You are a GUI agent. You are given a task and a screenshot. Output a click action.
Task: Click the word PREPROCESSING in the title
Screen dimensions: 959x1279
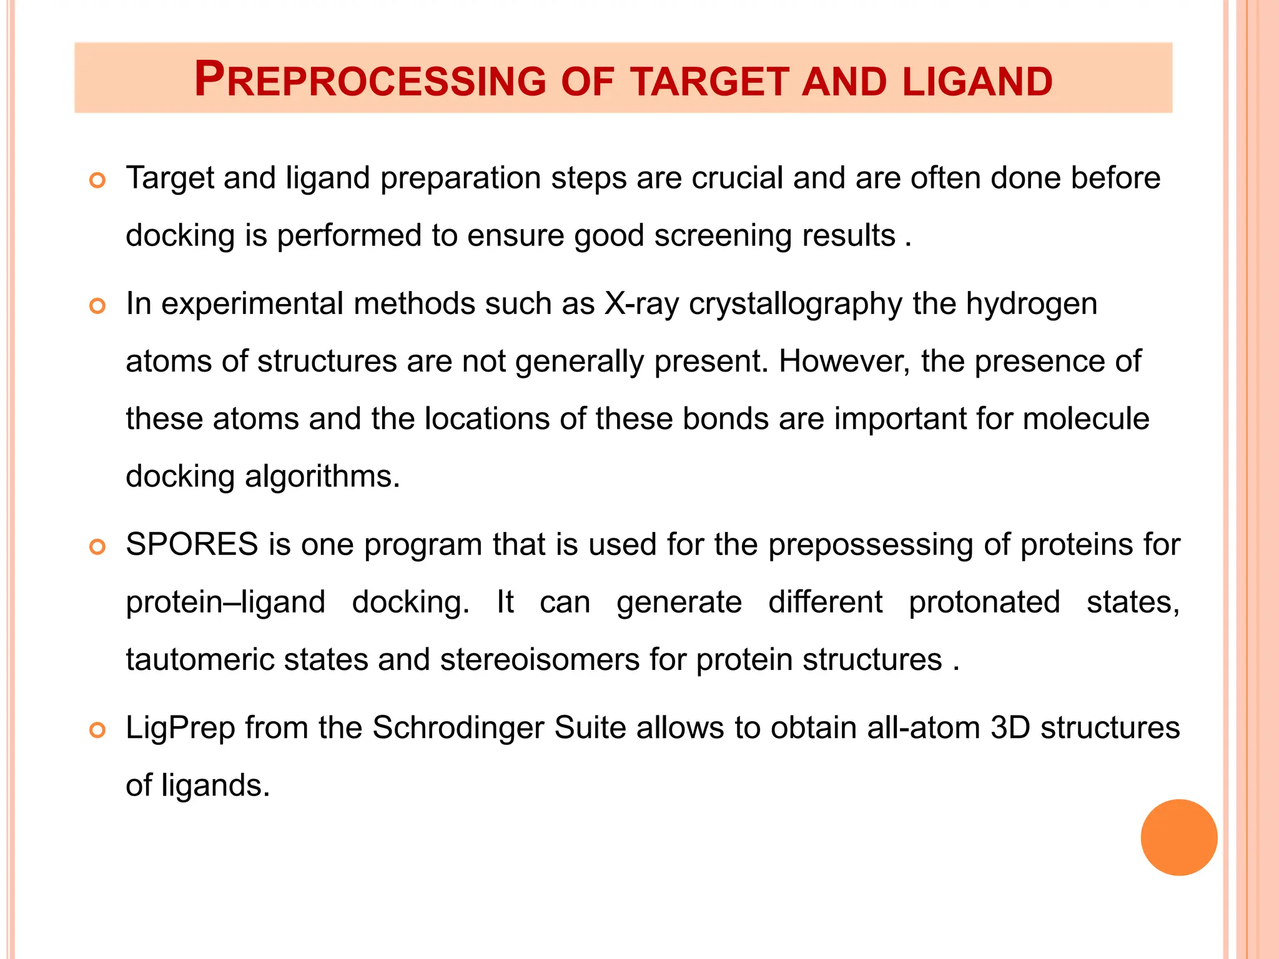370,81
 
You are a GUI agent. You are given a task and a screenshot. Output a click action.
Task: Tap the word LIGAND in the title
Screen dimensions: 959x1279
977,82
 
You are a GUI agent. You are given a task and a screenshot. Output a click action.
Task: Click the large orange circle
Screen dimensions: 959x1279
1178,837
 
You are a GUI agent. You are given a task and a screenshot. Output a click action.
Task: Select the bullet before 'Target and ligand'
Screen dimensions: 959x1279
97,181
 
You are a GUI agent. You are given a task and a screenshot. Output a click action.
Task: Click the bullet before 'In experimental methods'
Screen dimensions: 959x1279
97,307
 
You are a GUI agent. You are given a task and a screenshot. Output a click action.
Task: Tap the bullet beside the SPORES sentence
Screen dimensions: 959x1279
97,548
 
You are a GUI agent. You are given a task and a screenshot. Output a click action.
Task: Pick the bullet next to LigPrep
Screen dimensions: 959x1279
97,730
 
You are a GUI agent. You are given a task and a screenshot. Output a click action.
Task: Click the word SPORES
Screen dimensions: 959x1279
192,544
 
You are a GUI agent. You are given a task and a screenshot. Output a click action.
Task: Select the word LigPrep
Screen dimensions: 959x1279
180,729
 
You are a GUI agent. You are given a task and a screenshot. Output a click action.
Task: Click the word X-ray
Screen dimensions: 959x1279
641,305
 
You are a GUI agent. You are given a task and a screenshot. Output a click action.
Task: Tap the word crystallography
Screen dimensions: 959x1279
796,305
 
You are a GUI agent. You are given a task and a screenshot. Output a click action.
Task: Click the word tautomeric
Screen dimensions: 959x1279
200,660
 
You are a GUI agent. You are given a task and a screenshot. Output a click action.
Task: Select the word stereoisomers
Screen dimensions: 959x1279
540,660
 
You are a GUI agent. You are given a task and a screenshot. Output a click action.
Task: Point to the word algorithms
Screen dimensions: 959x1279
322,477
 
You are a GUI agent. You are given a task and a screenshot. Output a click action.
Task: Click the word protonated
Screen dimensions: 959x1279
984,602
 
